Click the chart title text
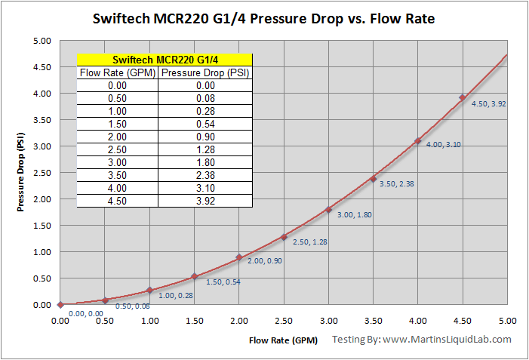click(264, 17)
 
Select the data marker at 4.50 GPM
click(463, 97)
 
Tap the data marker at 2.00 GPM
click(239, 257)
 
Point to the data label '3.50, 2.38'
click(398, 184)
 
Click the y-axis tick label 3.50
click(42, 120)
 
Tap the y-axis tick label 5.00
click(42, 41)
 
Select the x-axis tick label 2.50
click(284, 321)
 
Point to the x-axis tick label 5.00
click(507, 321)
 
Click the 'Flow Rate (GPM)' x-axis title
click(284, 340)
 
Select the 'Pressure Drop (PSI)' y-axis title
click(21, 173)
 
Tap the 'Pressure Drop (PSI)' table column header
click(205, 73)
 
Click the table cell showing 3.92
click(205, 201)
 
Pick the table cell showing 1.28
click(205, 149)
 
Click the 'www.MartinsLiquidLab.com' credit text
click(447, 340)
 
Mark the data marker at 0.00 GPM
click(60, 305)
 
